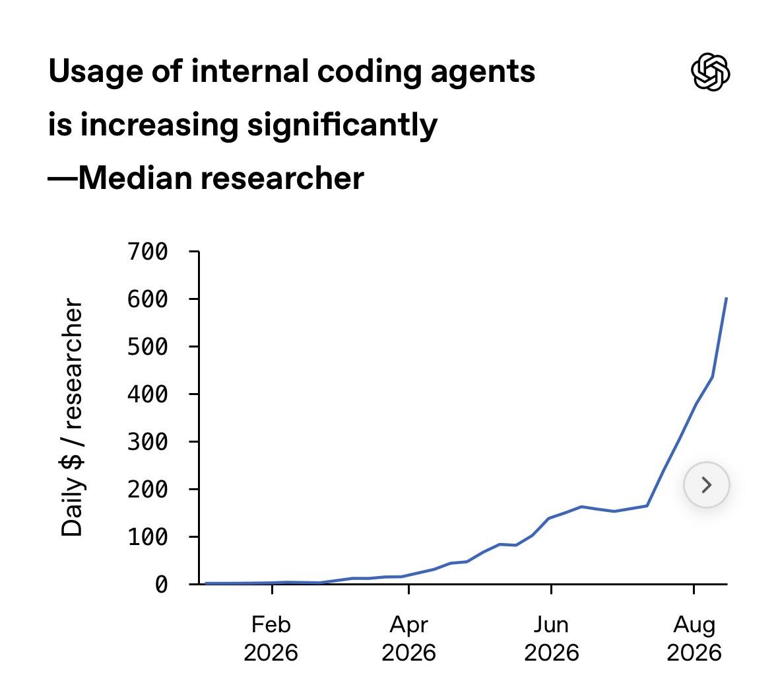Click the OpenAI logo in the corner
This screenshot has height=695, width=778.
(710, 72)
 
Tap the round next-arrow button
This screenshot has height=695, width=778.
(707, 484)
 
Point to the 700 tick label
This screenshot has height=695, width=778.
(148, 251)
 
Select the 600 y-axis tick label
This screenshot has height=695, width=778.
(148, 299)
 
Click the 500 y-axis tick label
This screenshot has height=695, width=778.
(148, 347)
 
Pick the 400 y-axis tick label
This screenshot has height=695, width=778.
(148, 394)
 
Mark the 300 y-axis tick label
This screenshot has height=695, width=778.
(148, 441)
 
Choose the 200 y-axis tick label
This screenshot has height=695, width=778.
(148, 490)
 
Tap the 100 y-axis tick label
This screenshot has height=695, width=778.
(148, 537)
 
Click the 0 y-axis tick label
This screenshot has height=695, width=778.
(161, 584)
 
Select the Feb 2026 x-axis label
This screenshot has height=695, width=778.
(271, 638)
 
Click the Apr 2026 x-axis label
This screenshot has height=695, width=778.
(409, 638)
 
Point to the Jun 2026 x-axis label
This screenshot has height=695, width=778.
(551, 638)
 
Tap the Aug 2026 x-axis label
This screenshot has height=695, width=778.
(694, 638)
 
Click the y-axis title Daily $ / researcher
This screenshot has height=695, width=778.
(72, 418)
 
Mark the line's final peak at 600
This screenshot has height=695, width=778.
(727, 298)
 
